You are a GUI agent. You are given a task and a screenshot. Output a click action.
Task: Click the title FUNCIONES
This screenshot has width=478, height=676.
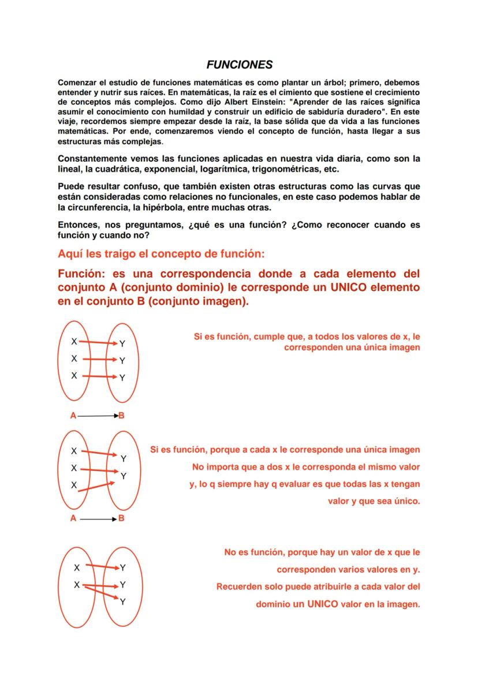(x=240, y=65)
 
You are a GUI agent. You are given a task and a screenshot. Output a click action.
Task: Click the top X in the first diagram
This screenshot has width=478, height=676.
(x=74, y=342)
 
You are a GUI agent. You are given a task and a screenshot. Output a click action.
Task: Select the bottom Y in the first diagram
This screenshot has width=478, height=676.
(x=122, y=379)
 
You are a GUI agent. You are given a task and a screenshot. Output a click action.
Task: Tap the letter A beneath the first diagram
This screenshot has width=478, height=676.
(x=73, y=415)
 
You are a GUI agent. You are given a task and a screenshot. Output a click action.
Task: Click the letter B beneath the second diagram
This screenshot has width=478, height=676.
(x=122, y=518)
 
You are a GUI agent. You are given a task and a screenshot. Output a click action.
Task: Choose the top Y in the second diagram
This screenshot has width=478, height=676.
(x=124, y=459)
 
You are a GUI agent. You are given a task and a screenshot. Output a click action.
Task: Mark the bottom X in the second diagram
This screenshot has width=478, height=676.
(x=74, y=486)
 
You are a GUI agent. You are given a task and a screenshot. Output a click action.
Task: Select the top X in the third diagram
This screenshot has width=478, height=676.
(x=77, y=567)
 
